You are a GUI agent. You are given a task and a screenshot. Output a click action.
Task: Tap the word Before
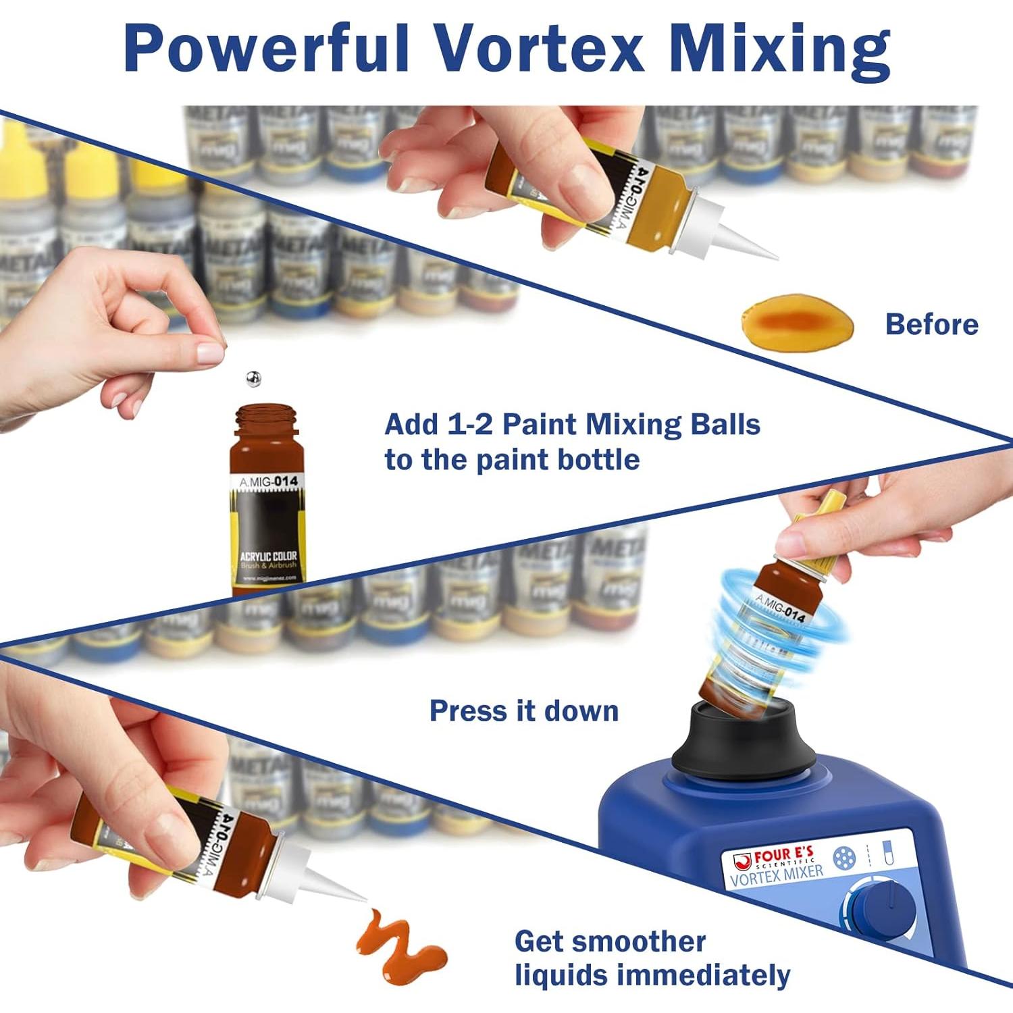931,325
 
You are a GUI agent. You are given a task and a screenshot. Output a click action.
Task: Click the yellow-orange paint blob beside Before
797,323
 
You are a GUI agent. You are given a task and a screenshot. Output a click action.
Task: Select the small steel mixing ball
253,379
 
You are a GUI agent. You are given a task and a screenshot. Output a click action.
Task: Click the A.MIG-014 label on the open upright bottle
269,482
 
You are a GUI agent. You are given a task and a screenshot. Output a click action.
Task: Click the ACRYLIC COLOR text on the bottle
268,556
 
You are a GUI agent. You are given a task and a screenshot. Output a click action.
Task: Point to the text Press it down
524,711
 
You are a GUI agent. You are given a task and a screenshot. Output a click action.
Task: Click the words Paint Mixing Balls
631,425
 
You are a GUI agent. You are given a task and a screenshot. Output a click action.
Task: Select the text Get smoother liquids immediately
651,959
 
